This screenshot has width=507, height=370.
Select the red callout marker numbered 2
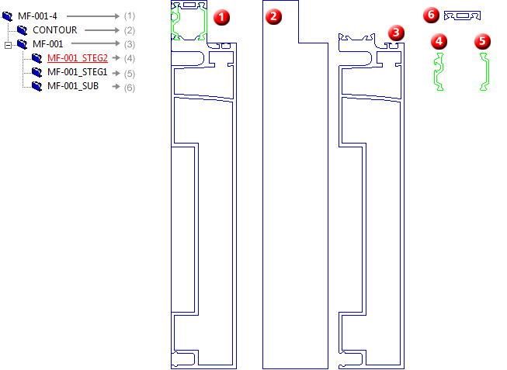[274, 16]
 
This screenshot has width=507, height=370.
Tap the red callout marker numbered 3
[397, 33]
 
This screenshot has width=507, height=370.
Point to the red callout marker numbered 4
[440, 40]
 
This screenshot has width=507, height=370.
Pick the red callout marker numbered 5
[484, 40]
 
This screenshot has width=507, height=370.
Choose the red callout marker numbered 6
[432, 15]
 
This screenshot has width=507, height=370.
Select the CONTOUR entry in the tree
[54, 29]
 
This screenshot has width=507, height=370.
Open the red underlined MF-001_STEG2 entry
[77, 58]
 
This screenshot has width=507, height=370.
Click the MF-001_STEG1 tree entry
[77, 72]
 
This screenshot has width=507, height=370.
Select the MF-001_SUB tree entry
[75, 86]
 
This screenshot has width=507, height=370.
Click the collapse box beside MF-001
[8, 44]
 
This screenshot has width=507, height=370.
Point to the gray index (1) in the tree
[129, 16]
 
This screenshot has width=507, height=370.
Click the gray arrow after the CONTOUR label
[102, 30]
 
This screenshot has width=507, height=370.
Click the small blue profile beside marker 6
[463, 16]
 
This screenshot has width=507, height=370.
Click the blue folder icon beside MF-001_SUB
[36, 86]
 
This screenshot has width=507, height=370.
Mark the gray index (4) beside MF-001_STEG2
[129, 58]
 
